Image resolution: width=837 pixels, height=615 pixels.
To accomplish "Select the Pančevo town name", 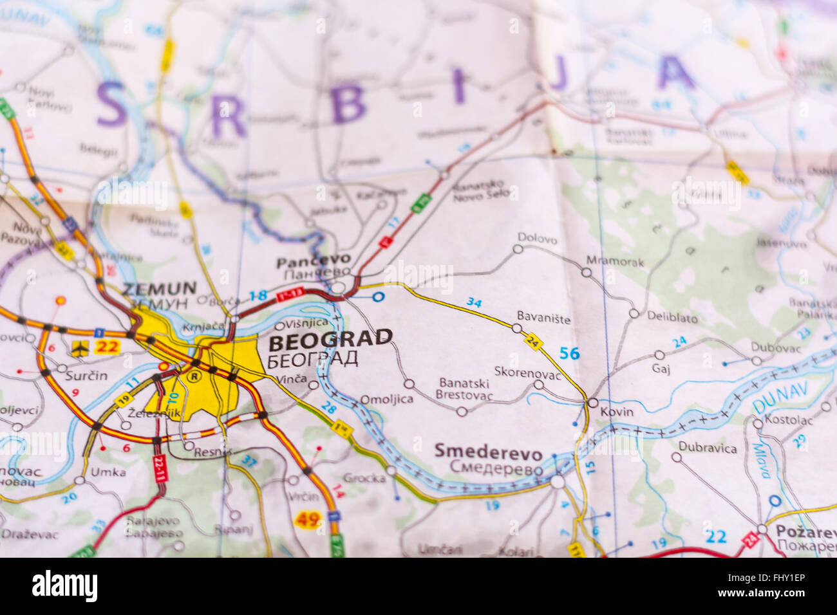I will [314, 261].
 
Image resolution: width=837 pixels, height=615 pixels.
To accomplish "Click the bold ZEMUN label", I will [159, 288].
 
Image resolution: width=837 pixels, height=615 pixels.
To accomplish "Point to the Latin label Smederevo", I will [488, 450].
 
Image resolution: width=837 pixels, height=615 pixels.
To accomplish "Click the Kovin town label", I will [616, 412].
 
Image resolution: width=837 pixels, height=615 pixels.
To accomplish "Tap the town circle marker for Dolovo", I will [518, 249].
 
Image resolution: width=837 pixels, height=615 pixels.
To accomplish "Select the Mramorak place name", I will [614, 261].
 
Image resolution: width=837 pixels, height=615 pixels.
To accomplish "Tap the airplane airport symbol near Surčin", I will [79, 348].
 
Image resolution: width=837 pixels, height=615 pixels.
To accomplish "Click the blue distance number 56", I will [569, 353].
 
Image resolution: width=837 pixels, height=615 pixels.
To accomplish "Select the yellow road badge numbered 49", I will [308, 519].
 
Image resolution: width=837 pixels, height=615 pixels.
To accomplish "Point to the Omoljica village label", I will [386, 399].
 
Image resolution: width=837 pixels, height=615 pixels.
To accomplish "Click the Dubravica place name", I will [707, 448].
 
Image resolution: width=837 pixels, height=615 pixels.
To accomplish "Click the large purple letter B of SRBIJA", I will [348, 104].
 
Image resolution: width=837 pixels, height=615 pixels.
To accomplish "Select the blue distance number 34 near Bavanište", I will [474, 302].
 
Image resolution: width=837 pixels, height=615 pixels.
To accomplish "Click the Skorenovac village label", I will [527, 371].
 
